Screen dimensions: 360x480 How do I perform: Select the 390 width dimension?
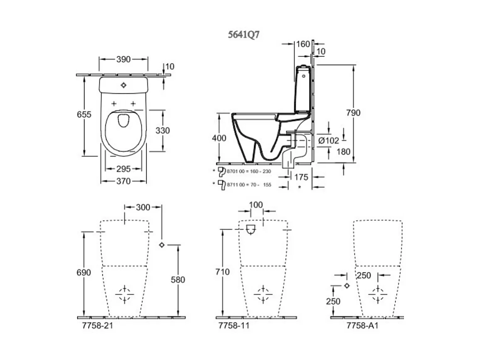pyautogui.click(x=123, y=59)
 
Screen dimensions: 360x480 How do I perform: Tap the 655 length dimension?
pyautogui.click(x=84, y=115)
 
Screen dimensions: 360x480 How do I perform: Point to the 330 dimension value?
pyautogui.click(x=163, y=130)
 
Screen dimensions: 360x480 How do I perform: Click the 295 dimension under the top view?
pyautogui.click(x=124, y=169)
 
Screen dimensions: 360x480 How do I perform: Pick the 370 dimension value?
pyautogui.click(x=124, y=181)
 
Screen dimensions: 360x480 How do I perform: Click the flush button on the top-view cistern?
pyautogui.click(x=123, y=85)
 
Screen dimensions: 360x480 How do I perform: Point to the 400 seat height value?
pyautogui.click(x=219, y=138)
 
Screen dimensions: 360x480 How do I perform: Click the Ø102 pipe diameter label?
pyautogui.click(x=328, y=141)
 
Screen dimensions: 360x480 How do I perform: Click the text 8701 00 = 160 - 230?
pyautogui.click(x=249, y=171)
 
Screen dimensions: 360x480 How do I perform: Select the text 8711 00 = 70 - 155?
pyautogui.click(x=249, y=184)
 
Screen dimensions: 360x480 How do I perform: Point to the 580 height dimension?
pyautogui.click(x=178, y=280)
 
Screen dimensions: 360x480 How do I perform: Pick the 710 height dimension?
pyautogui.click(x=222, y=272)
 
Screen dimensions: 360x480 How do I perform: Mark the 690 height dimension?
pyautogui.click(x=84, y=272)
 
